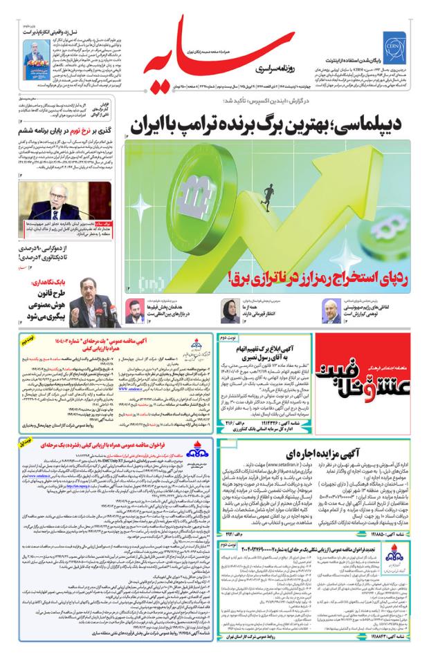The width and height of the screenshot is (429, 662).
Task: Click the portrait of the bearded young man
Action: (x=134, y=309)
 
